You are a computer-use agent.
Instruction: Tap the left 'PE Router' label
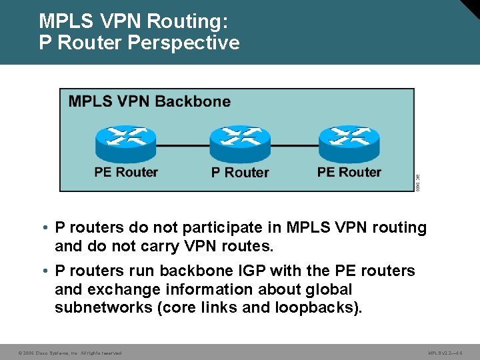pyautogui.click(x=126, y=172)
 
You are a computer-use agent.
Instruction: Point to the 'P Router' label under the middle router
pyautogui.click(x=240, y=173)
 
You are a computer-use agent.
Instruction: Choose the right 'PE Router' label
pyautogui.click(x=349, y=172)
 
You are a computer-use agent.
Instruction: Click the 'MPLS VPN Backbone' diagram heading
pyautogui.click(x=149, y=102)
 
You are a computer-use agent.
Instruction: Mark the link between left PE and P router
pyautogui.click(x=183, y=145)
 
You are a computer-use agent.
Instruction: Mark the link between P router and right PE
pyautogui.click(x=294, y=145)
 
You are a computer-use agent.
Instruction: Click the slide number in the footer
pyautogui.click(x=446, y=352)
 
